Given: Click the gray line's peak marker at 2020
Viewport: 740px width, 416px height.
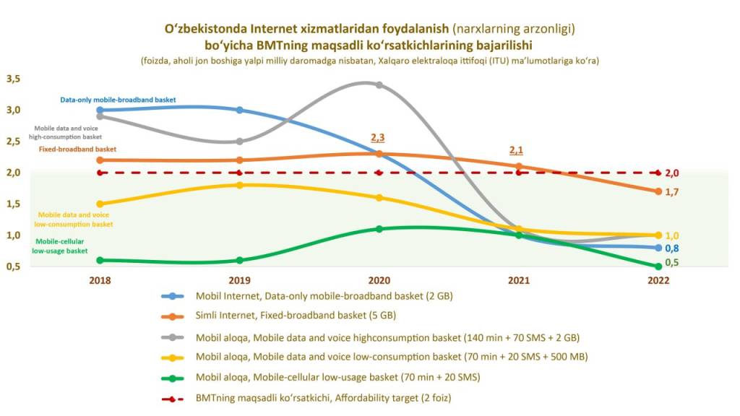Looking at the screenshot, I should pos(379,85).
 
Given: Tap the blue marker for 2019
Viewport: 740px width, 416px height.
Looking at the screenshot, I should pos(240,110).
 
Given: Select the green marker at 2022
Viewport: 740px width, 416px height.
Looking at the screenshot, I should pos(658,266).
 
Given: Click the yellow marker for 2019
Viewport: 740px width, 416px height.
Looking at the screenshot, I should pos(240,185).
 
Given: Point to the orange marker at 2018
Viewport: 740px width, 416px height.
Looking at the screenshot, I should pos(100,160).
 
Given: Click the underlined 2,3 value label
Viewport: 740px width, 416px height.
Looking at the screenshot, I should pos(378,137).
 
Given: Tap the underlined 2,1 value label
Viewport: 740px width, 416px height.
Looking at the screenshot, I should pos(517,150).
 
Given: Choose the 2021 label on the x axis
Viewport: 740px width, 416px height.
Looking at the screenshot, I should pos(518,280).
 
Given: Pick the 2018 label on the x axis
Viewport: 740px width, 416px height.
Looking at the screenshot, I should pos(100,280).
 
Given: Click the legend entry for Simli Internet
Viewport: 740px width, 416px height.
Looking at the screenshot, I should pos(296,315).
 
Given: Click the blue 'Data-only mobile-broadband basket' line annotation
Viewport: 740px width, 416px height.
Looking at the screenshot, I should pos(118,100).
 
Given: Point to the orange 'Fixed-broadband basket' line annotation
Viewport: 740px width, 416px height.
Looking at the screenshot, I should pos(77,149).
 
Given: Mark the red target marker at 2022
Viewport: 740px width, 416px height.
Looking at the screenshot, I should pos(658,173).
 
